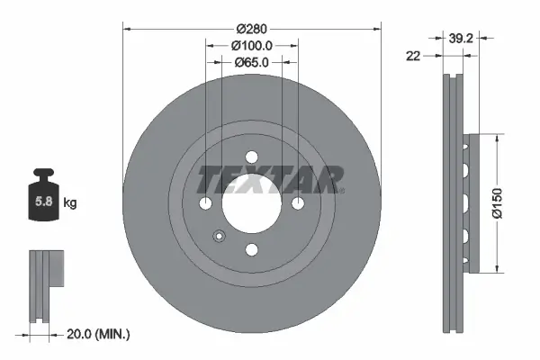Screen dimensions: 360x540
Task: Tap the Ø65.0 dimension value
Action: click(251, 62)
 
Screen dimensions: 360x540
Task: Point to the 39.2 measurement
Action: click(461, 38)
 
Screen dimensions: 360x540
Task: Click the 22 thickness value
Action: click(412, 56)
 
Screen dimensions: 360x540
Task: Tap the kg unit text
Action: click(70, 203)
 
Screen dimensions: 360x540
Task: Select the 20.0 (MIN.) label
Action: click(99, 334)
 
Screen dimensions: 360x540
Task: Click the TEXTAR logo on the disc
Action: click(270, 178)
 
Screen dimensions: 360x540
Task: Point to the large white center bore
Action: click(251, 202)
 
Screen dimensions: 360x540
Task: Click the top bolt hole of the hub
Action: click(251, 157)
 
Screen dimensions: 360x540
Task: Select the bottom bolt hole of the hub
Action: click(251, 248)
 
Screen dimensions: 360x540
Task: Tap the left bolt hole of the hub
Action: click(205, 202)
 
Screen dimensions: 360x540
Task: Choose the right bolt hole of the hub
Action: click(298, 202)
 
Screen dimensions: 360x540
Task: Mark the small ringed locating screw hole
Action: click(219, 238)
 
